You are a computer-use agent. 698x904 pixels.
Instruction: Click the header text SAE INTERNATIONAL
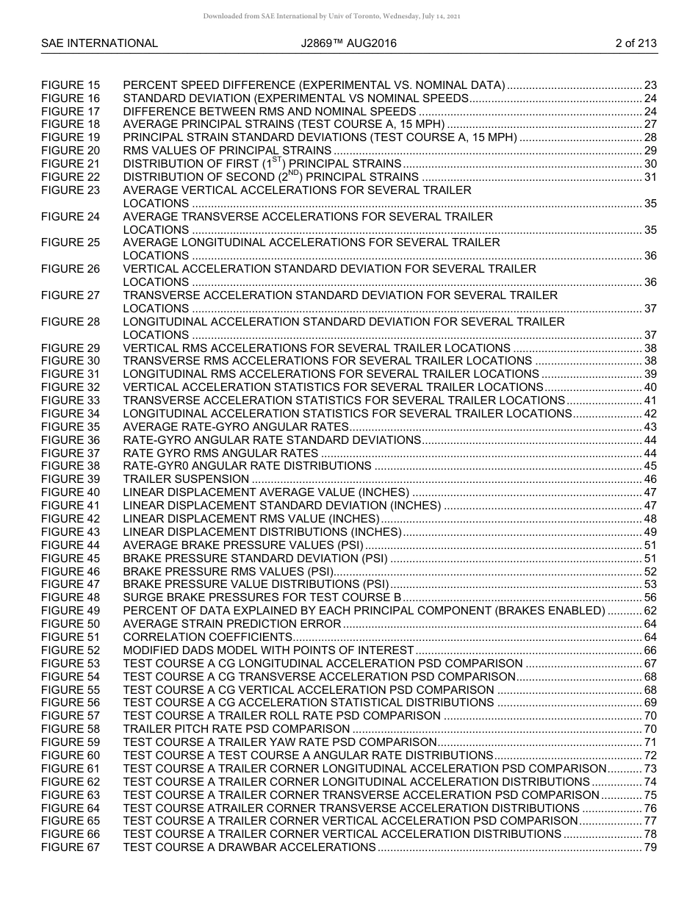[x=99, y=43]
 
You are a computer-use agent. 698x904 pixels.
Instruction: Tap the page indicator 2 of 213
[x=636, y=43]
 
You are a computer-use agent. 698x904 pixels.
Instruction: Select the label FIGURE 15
[x=71, y=85]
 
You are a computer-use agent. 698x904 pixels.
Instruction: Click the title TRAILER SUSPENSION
[x=186, y=479]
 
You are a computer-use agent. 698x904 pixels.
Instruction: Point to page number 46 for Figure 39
[x=650, y=479]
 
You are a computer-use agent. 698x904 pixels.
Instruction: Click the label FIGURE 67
[x=71, y=847]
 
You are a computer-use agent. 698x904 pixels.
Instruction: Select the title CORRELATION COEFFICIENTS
[x=208, y=637]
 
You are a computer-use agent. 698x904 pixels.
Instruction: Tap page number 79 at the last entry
[x=650, y=847]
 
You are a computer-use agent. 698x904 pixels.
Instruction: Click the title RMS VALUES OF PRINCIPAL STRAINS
[x=227, y=151]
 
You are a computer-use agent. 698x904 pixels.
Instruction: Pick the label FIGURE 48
[x=71, y=598]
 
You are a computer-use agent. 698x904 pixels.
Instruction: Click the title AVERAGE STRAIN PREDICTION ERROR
[x=232, y=624]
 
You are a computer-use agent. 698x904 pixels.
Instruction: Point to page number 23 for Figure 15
[x=650, y=85]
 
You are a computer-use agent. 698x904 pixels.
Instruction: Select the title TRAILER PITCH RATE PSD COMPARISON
[x=236, y=729]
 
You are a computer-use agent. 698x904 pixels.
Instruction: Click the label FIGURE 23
[x=71, y=190]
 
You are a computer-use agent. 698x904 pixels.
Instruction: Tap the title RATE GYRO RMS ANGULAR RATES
[x=220, y=453]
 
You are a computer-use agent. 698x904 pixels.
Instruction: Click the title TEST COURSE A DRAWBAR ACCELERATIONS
[x=249, y=847]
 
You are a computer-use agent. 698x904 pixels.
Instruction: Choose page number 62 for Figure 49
[x=650, y=611]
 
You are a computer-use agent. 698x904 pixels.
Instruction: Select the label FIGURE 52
[x=71, y=650]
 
